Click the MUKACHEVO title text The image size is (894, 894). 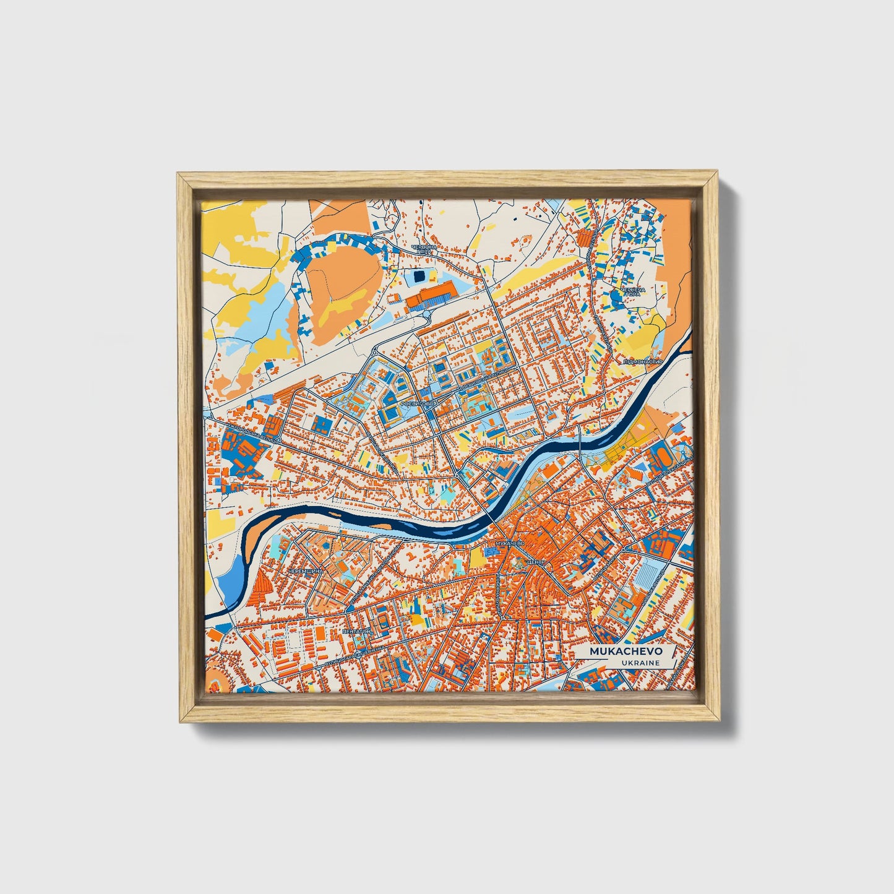pyautogui.click(x=625, y=651)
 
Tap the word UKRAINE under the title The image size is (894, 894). pyautogui.click(x=642, y=663)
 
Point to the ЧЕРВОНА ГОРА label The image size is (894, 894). pyautogui.click(x=428, y=249)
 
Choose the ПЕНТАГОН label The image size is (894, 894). pyautogui.click(x=356, y=632)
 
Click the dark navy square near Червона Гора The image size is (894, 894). pyautogui.click(x=420, y=275)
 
